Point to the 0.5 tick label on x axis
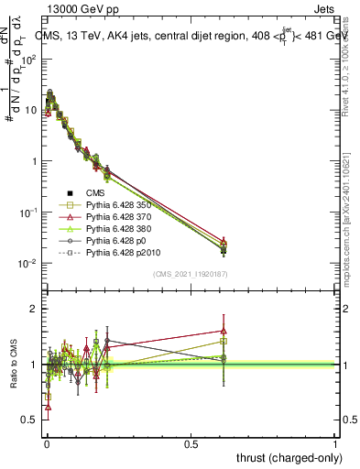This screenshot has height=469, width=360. [191, 443]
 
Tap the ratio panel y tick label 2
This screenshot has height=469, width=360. [32, 309]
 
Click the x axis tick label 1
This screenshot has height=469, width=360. [335, 443]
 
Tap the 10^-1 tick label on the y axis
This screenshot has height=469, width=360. [27, 213]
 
